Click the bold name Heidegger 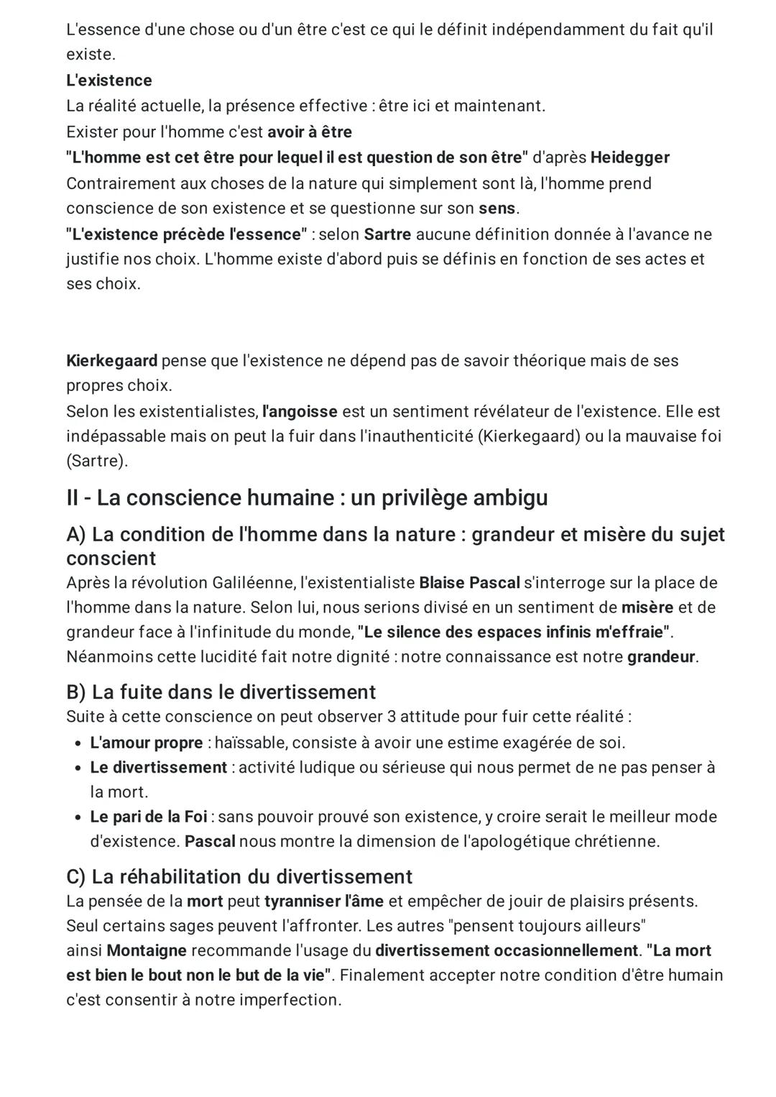[x=629, y=157]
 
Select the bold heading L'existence [x=109, y=81]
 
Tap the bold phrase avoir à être [x=310, y=132]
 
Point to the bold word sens [x=497, y=208]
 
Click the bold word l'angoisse [x=300, y=412]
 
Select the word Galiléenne [x=254, y=582]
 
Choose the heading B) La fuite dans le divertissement [x=221, y=692]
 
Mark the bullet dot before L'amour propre [x=77, y=743]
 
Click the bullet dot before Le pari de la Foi [x=77, y=817]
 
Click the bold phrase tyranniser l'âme [x=324, y=901]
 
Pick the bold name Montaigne [x=147, y=951]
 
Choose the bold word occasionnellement [x=566, y=951]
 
